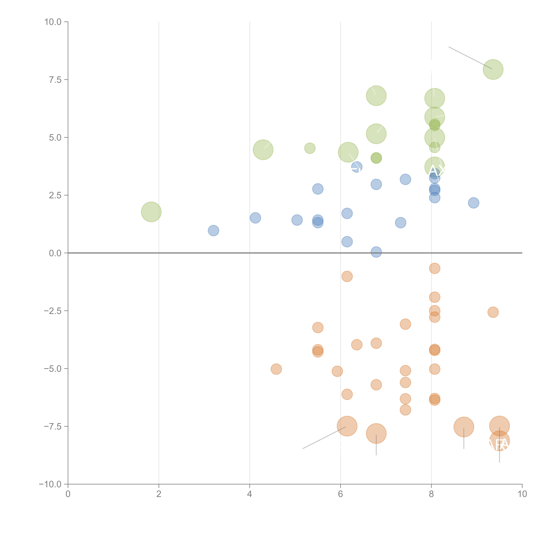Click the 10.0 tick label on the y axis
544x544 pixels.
pyautogui.click(x=53, y=22)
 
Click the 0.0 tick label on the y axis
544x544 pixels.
pyautogui.click(x=55, y=253)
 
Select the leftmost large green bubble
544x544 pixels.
pyautogui.click(x=151, y=212)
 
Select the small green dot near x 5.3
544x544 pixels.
pyautogui.click(x=310, y=148)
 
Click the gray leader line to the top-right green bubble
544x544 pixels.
pyautogui.click(x=470, y=58)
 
